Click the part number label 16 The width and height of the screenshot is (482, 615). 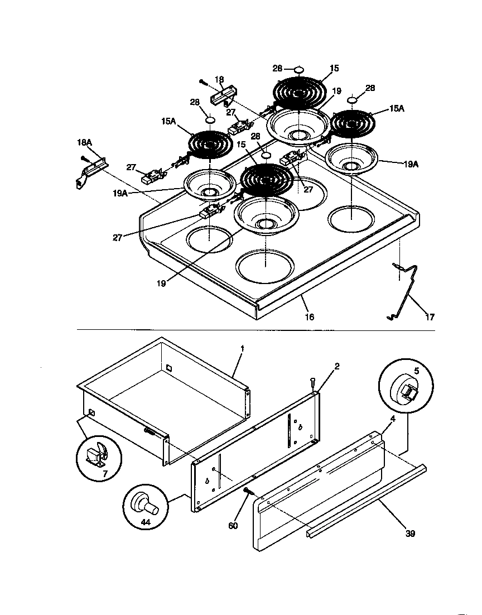pyautogui.click(x=309, y=317)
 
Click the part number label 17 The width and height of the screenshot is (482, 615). pyautogui.click(x=430, y=317)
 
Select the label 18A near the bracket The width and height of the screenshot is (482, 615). pyautogui.click(x=84, y=143)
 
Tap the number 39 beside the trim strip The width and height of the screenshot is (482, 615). pyautogui.click(x=409, y=534)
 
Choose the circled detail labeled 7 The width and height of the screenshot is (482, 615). pyautogui.click(x=99, y=456)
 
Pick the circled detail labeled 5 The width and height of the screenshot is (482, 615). pyautogui.click(x=405, y=387)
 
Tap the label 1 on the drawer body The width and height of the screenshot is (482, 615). pyautogui.click(x=242, y=348)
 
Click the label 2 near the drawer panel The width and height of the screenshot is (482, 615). pyautogui.click(x=337, y=367)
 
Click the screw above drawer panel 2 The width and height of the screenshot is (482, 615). pyautogui.click(x=313, y=383)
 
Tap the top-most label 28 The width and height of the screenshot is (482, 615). pyautogui.click(x=278, y=68)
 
